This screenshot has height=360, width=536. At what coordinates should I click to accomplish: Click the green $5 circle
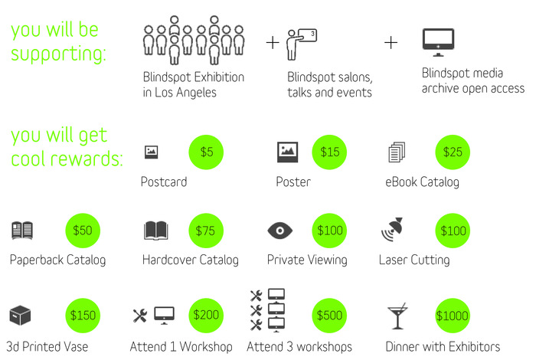coord(207,152)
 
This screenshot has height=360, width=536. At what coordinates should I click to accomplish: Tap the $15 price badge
coord(330,152)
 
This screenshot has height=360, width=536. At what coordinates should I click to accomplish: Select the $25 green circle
coord(453,152)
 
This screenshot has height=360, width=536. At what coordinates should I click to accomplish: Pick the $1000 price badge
coord(453,315)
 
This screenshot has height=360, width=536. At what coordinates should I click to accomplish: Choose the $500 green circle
coord(330,315)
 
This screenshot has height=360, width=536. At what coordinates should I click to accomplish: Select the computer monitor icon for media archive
coord(438,42)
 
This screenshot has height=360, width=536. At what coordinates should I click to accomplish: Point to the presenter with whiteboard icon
coord(300,44)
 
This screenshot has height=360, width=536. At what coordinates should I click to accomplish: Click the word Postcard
coord(164,182)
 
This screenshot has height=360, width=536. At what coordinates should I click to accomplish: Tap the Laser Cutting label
coord(414,260)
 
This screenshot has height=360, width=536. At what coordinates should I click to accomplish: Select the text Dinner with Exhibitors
coord(443,346)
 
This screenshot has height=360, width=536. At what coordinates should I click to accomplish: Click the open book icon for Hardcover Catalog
coord(155,231)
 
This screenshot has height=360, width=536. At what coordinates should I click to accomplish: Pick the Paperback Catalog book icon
coord(23,231)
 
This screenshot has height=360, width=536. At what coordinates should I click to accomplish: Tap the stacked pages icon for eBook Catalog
coord(396,152)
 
